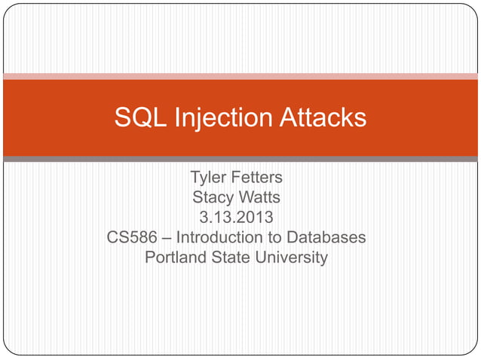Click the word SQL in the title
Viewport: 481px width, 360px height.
tap(140, 117)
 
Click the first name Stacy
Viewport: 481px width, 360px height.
tap(213, 198)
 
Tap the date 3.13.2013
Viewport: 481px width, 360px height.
tap(236, 218)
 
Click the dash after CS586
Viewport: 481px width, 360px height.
tap(165, 239)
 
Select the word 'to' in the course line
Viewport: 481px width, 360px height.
tap(277, 239)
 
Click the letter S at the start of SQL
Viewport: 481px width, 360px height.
tap(122, 117)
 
